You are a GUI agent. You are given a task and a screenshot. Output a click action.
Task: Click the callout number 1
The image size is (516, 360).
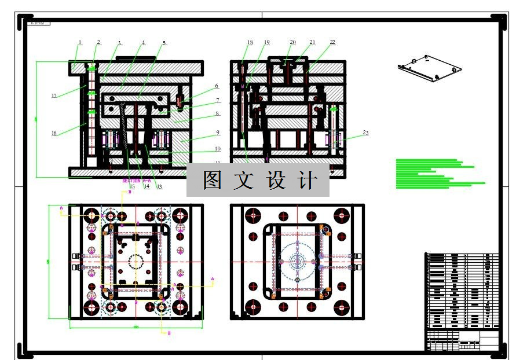click(80, 42)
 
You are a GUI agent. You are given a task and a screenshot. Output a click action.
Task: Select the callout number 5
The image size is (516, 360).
click(164, 43)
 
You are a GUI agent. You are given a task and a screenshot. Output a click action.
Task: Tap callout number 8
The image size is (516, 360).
click(217, 114)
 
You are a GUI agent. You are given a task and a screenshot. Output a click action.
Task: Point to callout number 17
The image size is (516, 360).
click(54, 95)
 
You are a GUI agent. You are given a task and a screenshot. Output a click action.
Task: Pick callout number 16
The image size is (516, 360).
click(54, 133)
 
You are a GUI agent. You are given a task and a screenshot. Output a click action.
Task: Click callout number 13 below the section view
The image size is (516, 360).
click(159, 186)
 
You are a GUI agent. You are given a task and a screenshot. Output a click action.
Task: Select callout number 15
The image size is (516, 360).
click(132, 186)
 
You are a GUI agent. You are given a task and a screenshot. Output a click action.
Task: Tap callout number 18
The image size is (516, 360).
click(250, 42)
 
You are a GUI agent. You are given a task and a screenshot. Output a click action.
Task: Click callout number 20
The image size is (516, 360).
click(292, 42)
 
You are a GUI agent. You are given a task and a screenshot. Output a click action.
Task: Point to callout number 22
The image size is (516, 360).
click(332, 42)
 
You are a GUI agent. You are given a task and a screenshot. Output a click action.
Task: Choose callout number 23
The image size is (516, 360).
click(365, 133)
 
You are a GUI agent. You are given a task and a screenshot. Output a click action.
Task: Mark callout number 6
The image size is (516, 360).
click(217, 86)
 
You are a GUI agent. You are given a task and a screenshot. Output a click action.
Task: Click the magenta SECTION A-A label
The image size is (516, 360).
click(136, 181)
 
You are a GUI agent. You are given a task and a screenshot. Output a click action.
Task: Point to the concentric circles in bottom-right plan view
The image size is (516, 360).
click(298, 262)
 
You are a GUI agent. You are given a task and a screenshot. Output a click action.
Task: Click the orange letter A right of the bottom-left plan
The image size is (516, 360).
click(212, 279)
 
